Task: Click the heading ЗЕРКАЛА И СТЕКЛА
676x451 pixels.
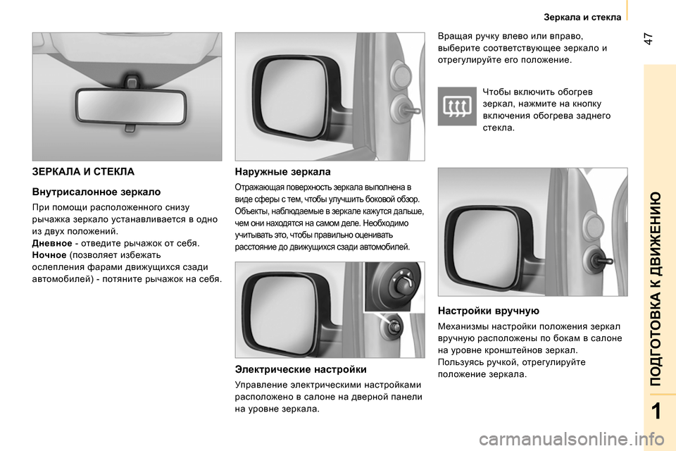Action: (83, 172)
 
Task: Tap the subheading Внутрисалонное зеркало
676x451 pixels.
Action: (96, 192)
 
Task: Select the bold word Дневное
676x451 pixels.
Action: (52, 243)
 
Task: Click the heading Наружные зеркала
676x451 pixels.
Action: (283, 172)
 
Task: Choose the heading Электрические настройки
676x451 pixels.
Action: (301, 369)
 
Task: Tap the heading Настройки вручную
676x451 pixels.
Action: (489, 311)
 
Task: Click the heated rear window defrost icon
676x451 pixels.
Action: (457, 106)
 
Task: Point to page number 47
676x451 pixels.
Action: (649, 39)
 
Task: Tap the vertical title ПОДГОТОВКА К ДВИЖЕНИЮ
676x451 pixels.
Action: (656, 289)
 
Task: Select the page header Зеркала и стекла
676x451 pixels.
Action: (582, 17)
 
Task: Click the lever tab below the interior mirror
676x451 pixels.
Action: (130, 128)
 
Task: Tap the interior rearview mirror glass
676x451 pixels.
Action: (131, 105)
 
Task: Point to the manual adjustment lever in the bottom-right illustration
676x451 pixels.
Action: (601, 260)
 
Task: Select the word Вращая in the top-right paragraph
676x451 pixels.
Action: (454, 36)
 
